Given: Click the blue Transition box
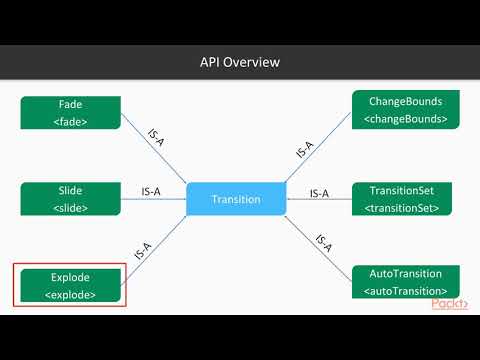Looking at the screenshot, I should (x=236, y=199).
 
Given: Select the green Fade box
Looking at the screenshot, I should (x=70, y=112).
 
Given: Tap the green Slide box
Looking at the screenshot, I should (x=70, y=199).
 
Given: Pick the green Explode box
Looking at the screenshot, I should (x=70, y=285).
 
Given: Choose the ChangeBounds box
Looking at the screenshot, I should (x=406, y=111).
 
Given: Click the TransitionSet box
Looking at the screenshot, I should (x=406, y=198).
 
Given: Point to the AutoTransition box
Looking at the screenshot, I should (x=406, y=282).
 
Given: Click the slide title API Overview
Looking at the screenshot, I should (x=240, y=62).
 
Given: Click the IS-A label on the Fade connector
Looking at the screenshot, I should (x=156, y=138).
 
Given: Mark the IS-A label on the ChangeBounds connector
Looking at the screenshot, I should (x=305, y=150).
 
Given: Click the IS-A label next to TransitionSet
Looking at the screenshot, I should (x=320, y=193).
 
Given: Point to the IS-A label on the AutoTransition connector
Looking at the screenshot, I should (x=322, y=243).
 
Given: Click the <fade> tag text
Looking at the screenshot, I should (x=70, y=121).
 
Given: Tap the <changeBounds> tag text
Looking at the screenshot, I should (x=406, y=120).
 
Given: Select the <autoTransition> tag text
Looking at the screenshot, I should (x=406, y=291).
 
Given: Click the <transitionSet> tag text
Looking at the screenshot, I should (x=406, y=208).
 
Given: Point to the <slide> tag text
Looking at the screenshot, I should (x=70, y=208).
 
